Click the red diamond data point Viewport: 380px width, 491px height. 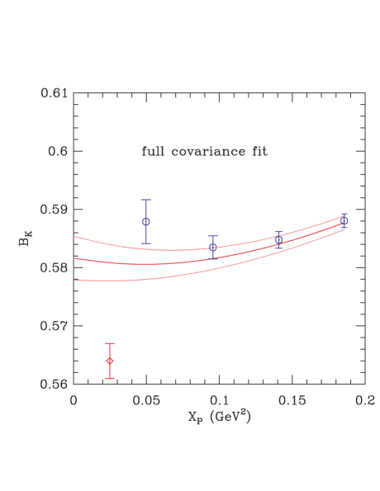click(x=110, y=361)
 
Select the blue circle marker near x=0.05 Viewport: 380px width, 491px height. click(x=146, y=221)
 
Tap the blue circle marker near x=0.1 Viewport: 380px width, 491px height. click(x=213, y=247)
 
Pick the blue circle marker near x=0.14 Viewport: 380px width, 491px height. click(x=278, y=239)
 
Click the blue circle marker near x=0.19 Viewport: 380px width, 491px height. click(x=344, y=220)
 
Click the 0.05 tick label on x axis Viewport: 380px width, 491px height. click(x=145, y=399)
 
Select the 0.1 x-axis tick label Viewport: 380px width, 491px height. click(x=219, y=399)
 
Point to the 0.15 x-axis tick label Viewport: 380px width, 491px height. click(x=292, y=399)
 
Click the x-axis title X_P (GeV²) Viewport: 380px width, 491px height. click(x=219, y=417)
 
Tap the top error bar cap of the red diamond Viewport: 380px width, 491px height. click(x=110, y=343)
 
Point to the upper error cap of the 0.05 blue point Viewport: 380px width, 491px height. click(x=146, y=200)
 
